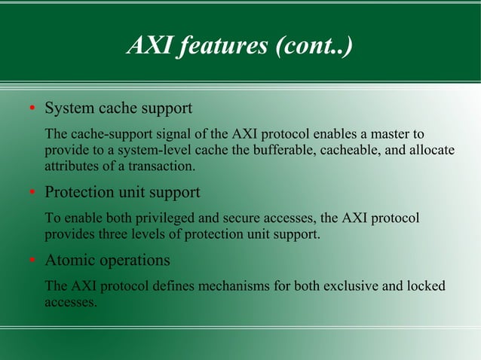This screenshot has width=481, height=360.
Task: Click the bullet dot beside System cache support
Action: point(32,109)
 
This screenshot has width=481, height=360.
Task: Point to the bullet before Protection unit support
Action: point(32,193)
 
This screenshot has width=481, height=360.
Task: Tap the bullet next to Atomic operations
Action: point(32,261)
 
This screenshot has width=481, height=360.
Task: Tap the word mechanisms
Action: point(231,287)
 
